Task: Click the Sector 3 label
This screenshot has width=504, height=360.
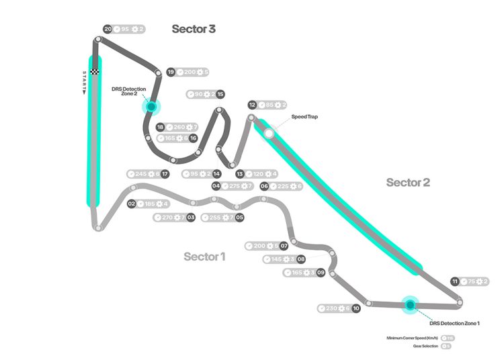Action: [194, 29]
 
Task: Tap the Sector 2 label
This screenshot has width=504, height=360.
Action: [408, 182]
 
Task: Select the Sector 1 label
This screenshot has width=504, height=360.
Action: [205, 257]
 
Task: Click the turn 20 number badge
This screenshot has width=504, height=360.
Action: [108, 29]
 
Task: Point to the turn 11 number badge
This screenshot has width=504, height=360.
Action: [455, 281]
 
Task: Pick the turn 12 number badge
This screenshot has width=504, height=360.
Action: [252, 105]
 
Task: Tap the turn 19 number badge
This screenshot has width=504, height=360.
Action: [171, 72]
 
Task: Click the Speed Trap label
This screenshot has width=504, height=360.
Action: [304, 117]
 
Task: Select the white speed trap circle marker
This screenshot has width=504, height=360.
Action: [269, 134]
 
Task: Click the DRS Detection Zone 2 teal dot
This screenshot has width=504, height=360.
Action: [151, 106]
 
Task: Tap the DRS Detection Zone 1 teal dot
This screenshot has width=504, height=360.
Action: [409, 306]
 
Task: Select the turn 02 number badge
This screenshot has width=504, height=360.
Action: [132, 204]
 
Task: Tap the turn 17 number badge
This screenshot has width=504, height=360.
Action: [165, 174]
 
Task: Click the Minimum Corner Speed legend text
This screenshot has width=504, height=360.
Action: [413, 338]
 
